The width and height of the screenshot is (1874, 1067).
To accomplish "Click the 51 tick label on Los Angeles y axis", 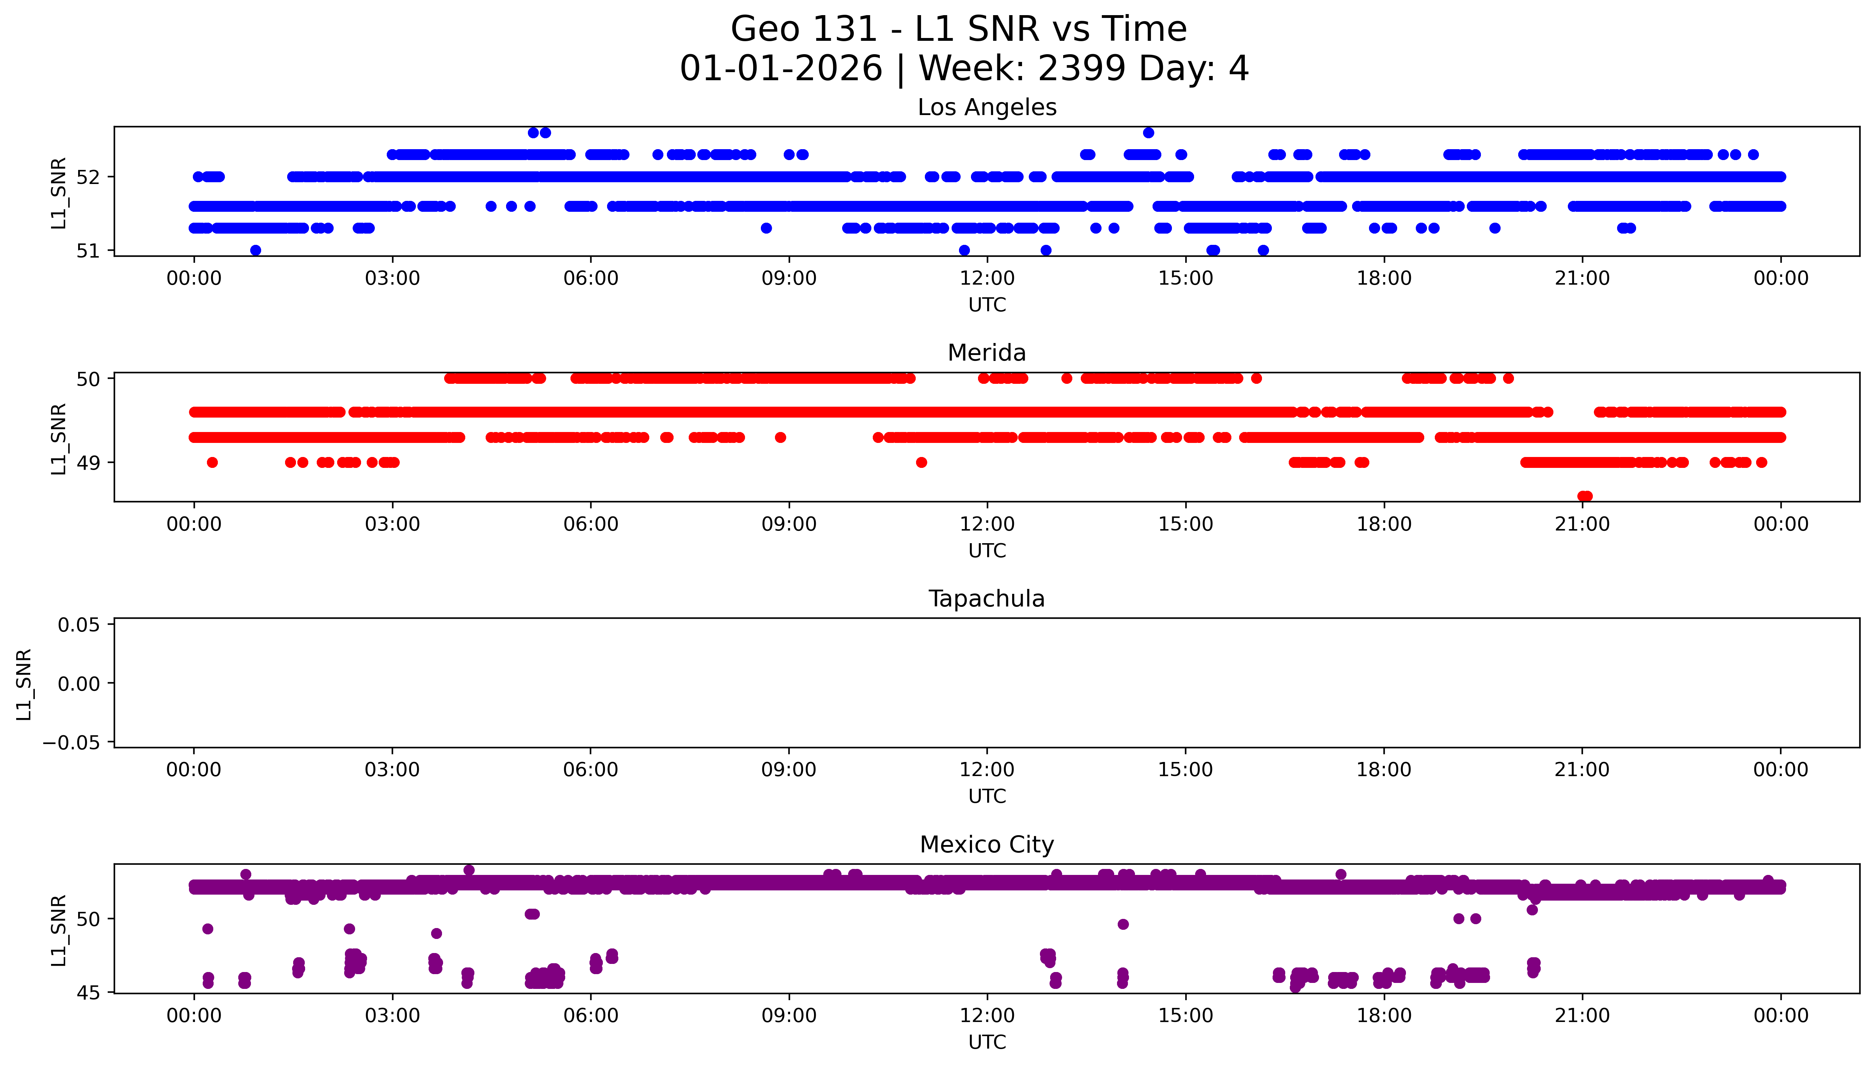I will click(87, 250).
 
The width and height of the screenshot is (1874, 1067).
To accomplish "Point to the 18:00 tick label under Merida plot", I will click(1384, 524).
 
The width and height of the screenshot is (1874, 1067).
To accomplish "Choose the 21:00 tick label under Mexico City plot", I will click(1582, 1016).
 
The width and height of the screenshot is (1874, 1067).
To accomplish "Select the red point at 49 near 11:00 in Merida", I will click(921, 462).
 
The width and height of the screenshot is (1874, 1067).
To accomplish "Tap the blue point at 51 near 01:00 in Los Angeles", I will click(255, 250).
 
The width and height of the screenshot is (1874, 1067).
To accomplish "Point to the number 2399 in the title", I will click(1082, 69).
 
